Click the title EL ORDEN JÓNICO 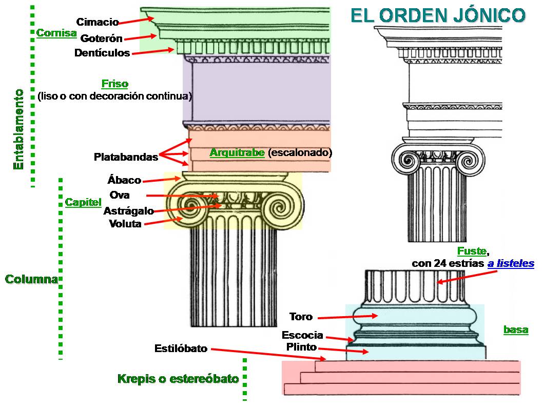tap(438, 15)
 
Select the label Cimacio tap(98, 22)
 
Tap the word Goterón tap(102, 38)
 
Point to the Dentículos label tap(102, 53)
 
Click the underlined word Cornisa tap(56, 33)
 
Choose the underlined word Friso tap(114, 84)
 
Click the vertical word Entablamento tap(18, 129)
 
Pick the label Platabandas tap(126, 157)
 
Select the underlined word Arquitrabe tap(237, 153)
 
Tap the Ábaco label tap(124, 180)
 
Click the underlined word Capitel tap(83, 202)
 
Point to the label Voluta tap(125, 224)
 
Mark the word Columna tap(31, 280)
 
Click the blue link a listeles tap(511, 264)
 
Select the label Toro tap(301, 317)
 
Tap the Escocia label tap(302, 335)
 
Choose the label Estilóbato tap(181, 349)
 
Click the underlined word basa tap(515, 330)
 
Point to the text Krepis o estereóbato tap(178, 379)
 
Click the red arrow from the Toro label tap(346, 317)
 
